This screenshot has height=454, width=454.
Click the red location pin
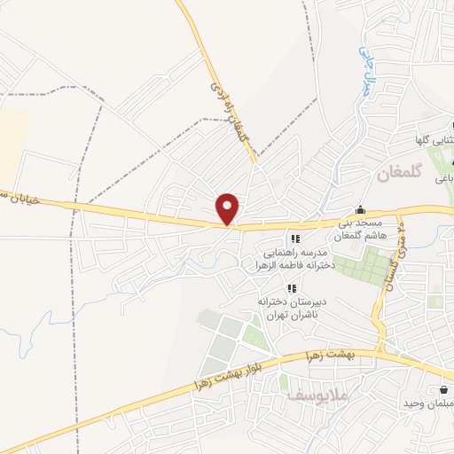tap(229, 208)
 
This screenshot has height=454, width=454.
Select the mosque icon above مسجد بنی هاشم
tap(359, 211)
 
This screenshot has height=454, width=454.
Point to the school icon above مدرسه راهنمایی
tap(295, 239)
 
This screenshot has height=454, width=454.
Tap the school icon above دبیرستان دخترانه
tap(291, 288)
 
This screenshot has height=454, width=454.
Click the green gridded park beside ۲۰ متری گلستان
tap(372, 263)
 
